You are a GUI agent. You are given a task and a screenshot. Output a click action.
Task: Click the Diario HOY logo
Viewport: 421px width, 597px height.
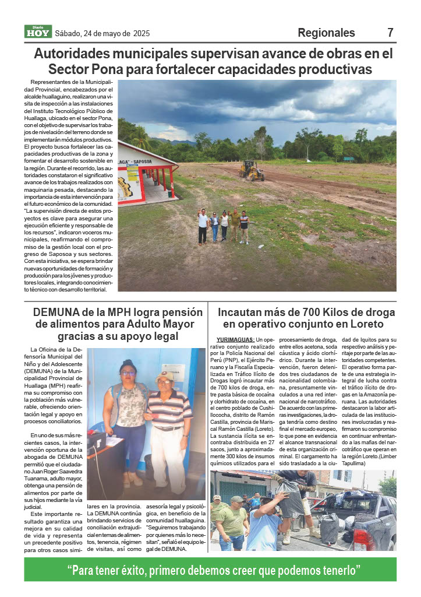pos(38,32)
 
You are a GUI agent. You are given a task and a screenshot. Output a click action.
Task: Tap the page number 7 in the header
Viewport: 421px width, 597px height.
pos(391,33)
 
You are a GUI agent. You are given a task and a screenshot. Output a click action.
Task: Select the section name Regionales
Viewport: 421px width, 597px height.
pos(326,33)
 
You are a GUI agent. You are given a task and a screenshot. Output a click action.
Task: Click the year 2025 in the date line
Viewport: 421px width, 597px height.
pos(141,33)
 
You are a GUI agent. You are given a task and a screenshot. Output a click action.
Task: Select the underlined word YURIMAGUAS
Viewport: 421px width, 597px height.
pos(235,340)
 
